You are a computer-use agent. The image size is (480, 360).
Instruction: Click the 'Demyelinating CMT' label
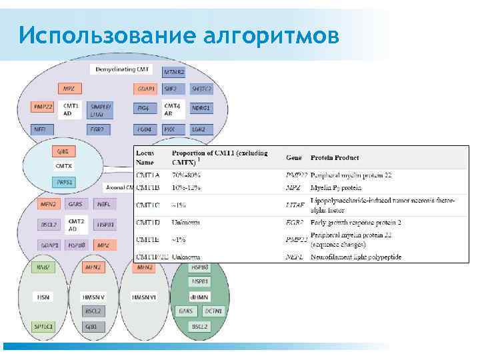coord(122,69)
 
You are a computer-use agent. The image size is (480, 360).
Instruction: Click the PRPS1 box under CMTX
coord(65,181)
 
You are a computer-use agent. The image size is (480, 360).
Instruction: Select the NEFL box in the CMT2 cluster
coord(103,203)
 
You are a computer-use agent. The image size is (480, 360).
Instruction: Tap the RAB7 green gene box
coord(45,269)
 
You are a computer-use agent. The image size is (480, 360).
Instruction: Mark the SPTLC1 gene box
coord(44,326)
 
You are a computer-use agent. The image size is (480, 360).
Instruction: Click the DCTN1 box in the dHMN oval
coord(213,311)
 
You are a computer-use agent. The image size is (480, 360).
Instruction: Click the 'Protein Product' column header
coord(335,158)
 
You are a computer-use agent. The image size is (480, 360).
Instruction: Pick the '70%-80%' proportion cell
coord(187,175)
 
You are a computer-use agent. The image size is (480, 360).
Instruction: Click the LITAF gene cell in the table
coord(295,205)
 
